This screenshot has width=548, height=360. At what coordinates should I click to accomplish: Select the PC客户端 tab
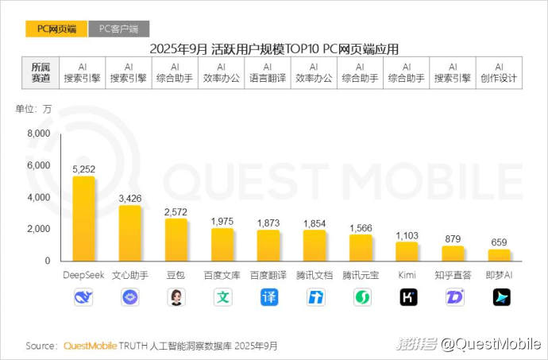[x=118, y=29]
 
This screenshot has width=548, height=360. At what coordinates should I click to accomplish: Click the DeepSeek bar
[x=83, y=219]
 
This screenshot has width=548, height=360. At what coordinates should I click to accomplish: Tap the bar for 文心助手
[x=129, y=233]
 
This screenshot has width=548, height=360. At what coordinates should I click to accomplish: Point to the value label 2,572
[x=176, y=211]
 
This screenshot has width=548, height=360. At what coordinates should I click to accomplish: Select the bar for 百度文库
[x=222, y=245]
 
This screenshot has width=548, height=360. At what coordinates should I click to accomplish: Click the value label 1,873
[x=268, y=223]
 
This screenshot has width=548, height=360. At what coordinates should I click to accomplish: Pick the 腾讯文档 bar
[x=315, y=246]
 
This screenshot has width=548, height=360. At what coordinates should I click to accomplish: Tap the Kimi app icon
[x=407, y=297]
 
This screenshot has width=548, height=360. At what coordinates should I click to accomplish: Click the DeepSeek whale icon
[x=83, y=297]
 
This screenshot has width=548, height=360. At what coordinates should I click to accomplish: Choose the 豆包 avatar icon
[x=176, y=297]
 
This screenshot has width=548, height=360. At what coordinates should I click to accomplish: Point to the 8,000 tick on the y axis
[x=38, y=134]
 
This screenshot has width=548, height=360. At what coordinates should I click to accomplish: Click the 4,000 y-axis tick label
[x=38, y=197]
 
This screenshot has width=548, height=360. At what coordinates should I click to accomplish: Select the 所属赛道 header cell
[x=41, y=72]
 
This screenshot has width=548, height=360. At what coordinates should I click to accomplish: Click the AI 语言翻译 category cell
[x=268, y=72]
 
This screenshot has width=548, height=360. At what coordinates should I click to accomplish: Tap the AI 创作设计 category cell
[x=499, y=72]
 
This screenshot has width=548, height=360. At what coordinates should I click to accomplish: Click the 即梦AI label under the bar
[x=499, y=275]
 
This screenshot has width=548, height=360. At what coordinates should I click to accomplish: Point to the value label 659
[x=499, y=242]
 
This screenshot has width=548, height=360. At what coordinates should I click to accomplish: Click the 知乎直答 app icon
[x=453, y=297]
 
